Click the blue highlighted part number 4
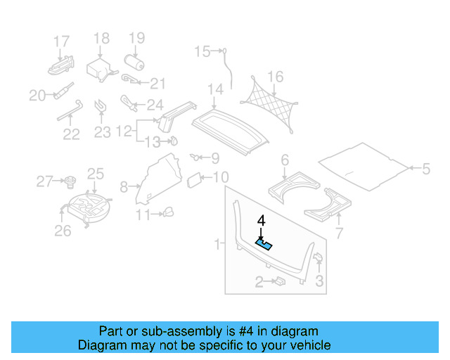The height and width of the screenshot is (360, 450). point(265,244)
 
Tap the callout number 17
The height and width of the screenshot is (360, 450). point(62,41)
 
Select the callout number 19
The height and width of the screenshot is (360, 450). point(136,38)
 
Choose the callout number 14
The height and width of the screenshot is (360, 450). point(215,89)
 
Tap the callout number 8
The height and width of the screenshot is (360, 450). point(124,187)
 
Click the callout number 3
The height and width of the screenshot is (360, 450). point(319,282)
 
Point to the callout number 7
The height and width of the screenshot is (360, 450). point(338,233)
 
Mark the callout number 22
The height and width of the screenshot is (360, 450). point(71,134)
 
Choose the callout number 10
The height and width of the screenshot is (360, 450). point(220,177)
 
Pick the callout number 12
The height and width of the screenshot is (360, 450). point(124,131)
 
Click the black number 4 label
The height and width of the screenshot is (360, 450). point(262,221)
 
